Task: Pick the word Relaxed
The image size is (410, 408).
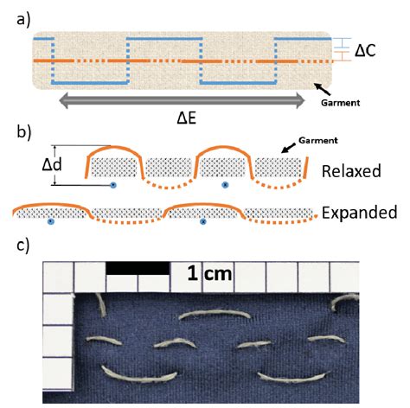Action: coord(351,170)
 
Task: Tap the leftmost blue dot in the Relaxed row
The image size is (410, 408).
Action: coord(113,184)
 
